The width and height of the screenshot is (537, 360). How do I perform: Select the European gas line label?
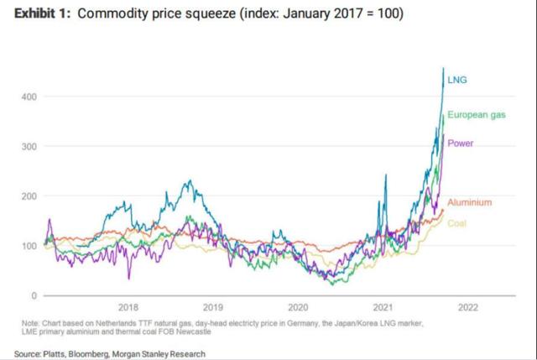(x=475, y=114)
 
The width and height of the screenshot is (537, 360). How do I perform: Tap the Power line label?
(x=461, y=143)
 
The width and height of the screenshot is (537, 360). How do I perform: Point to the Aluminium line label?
(x=469, y=203)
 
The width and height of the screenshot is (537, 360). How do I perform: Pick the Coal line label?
(x=456, y=223)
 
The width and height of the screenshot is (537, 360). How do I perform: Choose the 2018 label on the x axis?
(x=129, y=307)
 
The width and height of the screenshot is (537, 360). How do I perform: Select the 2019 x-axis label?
(x=214, y=307)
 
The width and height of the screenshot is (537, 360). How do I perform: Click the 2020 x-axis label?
(x=299, y=307)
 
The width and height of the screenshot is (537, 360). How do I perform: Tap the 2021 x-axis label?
(x=383, y=307)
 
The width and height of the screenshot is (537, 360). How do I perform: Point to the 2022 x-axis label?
(x=468, y=307)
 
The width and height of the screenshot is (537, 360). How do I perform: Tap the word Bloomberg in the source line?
(x=95, y=354)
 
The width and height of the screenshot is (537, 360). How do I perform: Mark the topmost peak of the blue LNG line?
(x=443, y=68)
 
